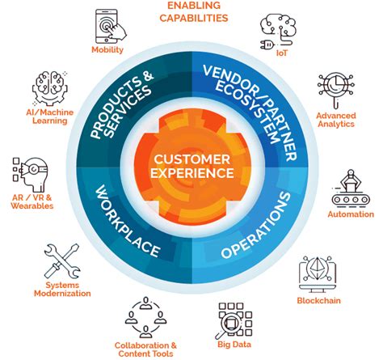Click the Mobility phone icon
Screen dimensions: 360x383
tap(107, 26)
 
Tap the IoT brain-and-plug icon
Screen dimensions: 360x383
tap(276, 29)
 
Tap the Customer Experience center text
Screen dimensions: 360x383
tap(192, 165)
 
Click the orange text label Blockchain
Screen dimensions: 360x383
tap(318, 302)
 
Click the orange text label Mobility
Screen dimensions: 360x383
tap(107, 49)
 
